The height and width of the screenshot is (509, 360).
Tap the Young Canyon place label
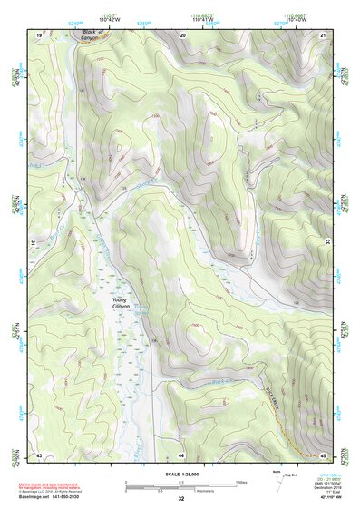point(121,303)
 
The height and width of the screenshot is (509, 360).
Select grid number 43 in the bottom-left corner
point(40,454)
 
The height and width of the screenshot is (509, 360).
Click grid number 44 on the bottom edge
point(181,454)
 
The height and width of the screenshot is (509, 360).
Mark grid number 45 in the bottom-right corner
point(324,454)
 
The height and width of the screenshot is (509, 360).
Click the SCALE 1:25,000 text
point(180,475)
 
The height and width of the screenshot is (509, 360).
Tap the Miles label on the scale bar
point(239,482)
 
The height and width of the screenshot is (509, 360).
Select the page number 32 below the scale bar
point(180,499)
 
